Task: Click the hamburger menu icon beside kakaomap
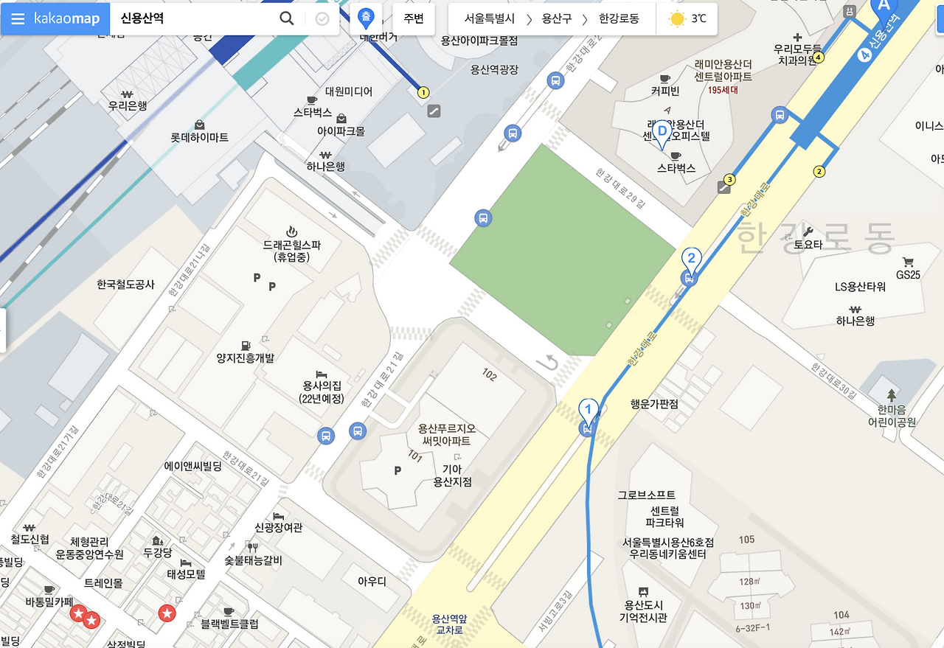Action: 18,19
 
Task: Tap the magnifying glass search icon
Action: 287,18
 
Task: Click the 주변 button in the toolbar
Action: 414,18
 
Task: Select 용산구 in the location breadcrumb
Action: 556,19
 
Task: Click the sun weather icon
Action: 676,19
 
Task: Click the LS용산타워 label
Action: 860,287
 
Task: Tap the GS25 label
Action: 908,275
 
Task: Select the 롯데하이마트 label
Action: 199,137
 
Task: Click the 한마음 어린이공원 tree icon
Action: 892,395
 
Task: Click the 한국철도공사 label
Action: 125,284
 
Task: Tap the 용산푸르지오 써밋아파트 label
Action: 446,434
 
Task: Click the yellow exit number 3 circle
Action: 730,179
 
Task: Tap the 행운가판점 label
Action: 654,404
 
